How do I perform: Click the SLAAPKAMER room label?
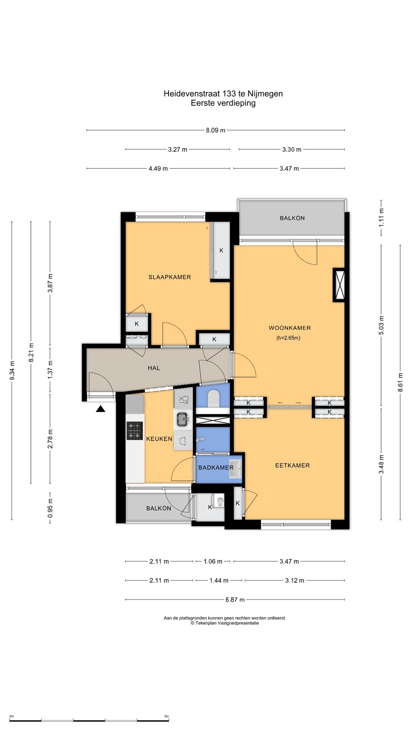click(x=170, y=277)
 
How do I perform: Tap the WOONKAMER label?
click(x=290, y=328)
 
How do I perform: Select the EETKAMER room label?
click(x=293, y=465)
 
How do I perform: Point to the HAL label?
click(x=154, y=368)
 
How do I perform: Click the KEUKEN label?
click(x=159, y=439)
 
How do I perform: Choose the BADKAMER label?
click(x=216, y=468)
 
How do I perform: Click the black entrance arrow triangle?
click(x=100, y=409)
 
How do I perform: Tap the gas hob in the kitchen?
click(x=135, y=431)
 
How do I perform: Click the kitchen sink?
click(x=183, y=420)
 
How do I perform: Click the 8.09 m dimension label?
click(x=216, y=130)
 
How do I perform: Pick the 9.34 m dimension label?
click(x=12, y=370)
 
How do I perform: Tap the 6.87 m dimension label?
click(x=235, y=600)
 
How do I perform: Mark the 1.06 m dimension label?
click(x=213, y=562)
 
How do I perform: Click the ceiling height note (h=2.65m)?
click(x=288, y=338)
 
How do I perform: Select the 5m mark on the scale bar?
click(x=166, y=716)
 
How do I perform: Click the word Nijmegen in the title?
click(x=265, y=94)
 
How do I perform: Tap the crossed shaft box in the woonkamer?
click(x=339, y=285)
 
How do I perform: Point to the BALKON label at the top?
click(x=292, y=218)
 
